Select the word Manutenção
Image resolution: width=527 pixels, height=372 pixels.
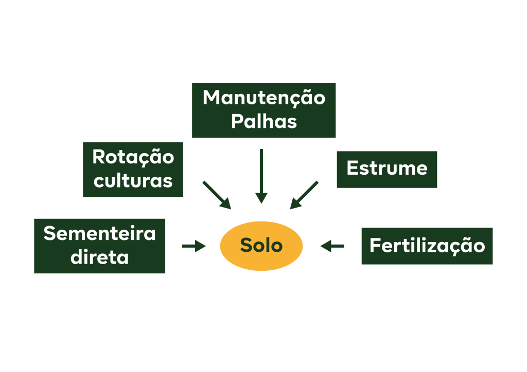point(263,98)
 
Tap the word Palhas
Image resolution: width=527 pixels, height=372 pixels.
point(263,122)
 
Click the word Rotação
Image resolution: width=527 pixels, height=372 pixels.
point(133,157)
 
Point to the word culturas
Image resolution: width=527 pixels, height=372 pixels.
point(133,180)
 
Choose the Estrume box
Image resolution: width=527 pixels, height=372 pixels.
point(387,169)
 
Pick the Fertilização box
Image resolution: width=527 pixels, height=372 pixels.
point(427,246)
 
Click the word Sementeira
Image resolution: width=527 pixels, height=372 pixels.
point(99,233)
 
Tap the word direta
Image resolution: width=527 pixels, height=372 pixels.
point(99,257)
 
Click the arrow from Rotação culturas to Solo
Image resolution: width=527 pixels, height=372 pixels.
point(217,195)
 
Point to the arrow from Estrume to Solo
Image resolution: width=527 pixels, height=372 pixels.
point(304,195)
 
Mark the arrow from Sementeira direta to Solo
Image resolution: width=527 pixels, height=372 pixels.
point(194,247)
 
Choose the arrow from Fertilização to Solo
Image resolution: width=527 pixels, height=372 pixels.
point(332,247)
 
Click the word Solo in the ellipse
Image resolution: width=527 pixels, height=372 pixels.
point(261,246)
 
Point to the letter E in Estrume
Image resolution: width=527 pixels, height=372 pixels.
point(352,168)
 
